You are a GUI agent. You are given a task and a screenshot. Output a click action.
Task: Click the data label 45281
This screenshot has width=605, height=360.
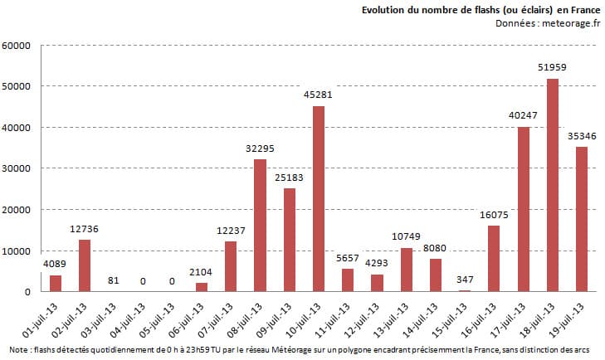click(x=318, y=96)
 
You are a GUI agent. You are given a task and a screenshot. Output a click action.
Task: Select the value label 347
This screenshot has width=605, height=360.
click(x=465, y=280)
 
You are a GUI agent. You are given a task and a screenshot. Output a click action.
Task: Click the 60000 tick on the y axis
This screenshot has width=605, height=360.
click(x=17, y=46)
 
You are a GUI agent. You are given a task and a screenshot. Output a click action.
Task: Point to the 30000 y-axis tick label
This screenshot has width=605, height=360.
click(x=17, y=168)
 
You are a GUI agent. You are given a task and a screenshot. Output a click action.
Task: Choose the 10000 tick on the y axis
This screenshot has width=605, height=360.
click(x=17, y=251)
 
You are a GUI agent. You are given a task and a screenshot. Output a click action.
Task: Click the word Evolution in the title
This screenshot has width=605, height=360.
click(x=383, y=10)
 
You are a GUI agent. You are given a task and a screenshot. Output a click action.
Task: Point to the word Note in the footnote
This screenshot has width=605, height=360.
click(x=16, y=350)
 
